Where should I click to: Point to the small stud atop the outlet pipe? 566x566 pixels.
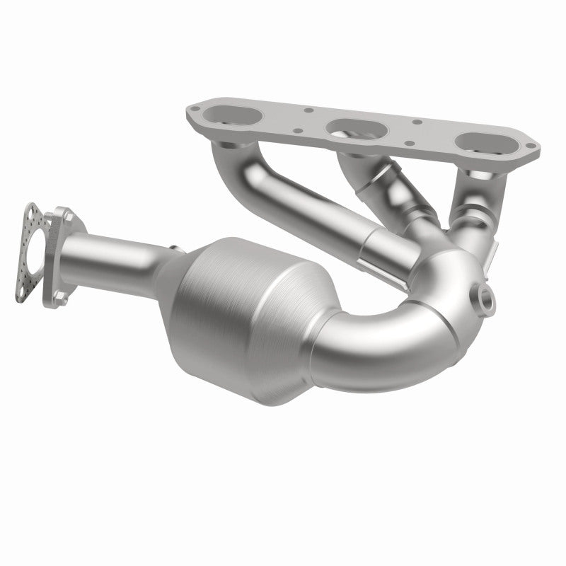coord(173,247)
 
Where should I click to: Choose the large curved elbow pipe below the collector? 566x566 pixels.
coord(396,333)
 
